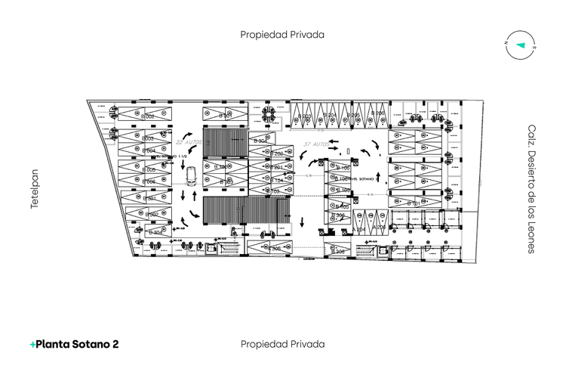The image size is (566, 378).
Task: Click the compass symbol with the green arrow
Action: [520, 45]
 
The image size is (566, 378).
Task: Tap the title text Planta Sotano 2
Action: [74, 344]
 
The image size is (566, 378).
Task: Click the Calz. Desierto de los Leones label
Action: [531, 189]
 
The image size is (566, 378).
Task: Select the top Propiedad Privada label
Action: [282, 34]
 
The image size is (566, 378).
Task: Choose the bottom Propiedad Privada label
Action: [282, 344]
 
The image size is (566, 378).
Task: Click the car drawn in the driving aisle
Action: [192, 175]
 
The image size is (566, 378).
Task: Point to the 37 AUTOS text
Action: [315, 144]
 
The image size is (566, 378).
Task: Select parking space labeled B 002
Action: [148, 116]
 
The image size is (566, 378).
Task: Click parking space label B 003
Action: [148, 138]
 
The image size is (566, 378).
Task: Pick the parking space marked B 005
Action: [149, 170]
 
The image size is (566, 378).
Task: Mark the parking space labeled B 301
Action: [149, 198]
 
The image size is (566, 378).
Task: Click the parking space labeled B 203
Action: [304, 116]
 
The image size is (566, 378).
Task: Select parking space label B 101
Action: [414, 204]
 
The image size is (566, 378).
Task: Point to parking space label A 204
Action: [358, 228]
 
